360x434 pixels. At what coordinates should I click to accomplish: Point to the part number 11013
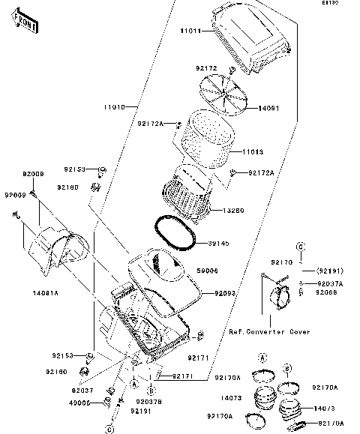pyautogui.click(x=253, y=151)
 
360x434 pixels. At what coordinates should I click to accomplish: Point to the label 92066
pyautogui.click(x=328, y=294)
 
